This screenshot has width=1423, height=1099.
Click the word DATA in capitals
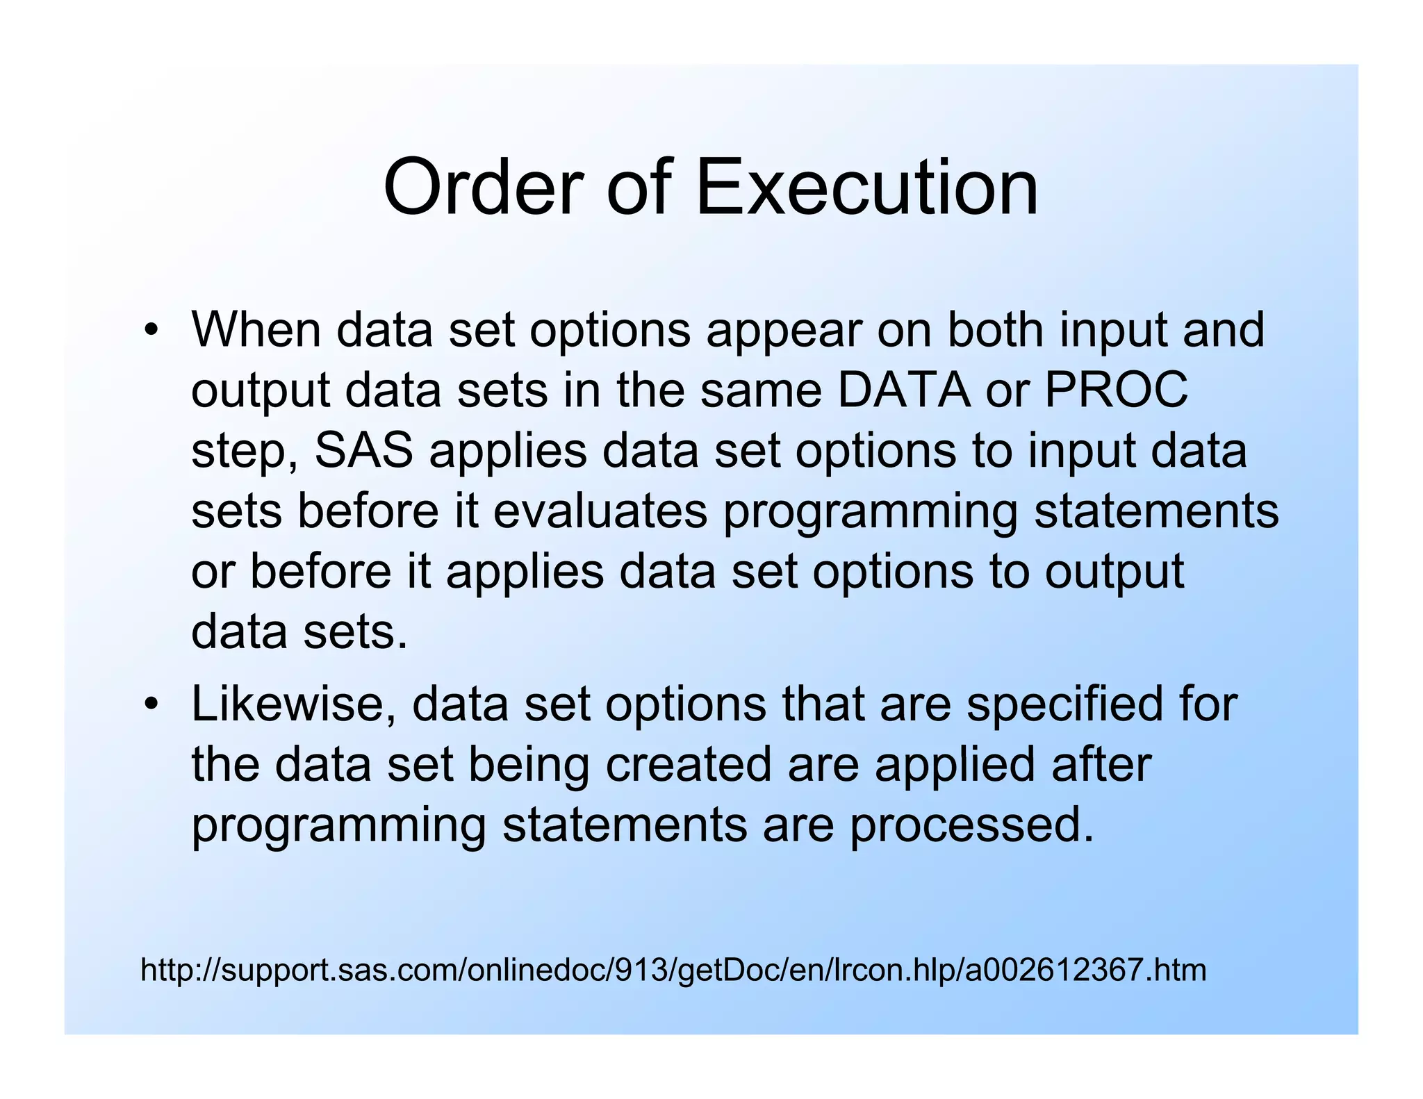click(903, 390)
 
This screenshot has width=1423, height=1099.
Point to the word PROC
click(1117, 390)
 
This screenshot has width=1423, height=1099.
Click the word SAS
click(364, 450)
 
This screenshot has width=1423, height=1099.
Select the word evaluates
click(600, 511)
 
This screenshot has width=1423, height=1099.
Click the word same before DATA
click(760, 390)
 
